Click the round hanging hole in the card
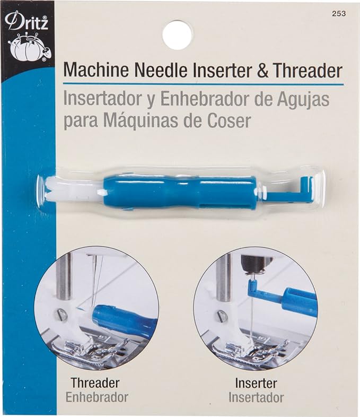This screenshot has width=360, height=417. point(177,35)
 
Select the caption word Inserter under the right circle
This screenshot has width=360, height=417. point(256,382)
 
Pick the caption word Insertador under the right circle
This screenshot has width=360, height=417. point(256,396)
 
